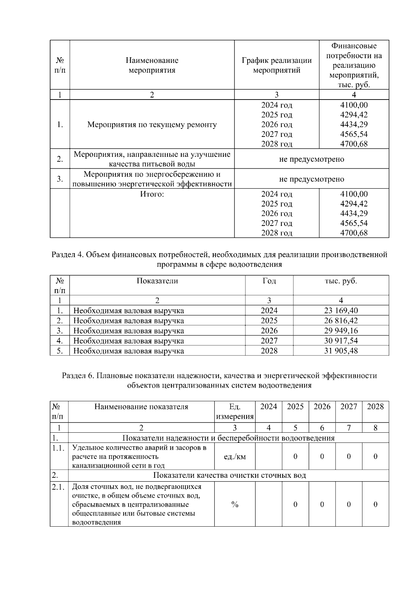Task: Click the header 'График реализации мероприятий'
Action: click(277, 65)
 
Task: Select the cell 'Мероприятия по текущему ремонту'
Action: click(152, 125)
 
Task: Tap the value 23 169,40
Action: click(341, 310)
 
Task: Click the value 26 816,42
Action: click(341, 321)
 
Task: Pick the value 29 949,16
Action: click(341, 331)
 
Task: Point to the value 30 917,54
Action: click(341, 341)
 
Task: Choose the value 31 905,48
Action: click(341, 351)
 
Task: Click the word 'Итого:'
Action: click(152, 194)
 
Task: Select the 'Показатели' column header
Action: click(157, 281)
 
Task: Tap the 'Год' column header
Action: click(269, 281)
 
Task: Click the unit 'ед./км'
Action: click(235, 456)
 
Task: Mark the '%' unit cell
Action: click(235, 504)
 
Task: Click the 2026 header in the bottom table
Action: click(322, 407)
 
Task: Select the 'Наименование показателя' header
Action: click(141, 407)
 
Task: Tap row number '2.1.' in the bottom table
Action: click(58, 487)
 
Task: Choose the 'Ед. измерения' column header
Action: click(235, 412)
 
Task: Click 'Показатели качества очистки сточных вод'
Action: click(229, 475)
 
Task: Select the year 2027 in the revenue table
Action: click(269, 341)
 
